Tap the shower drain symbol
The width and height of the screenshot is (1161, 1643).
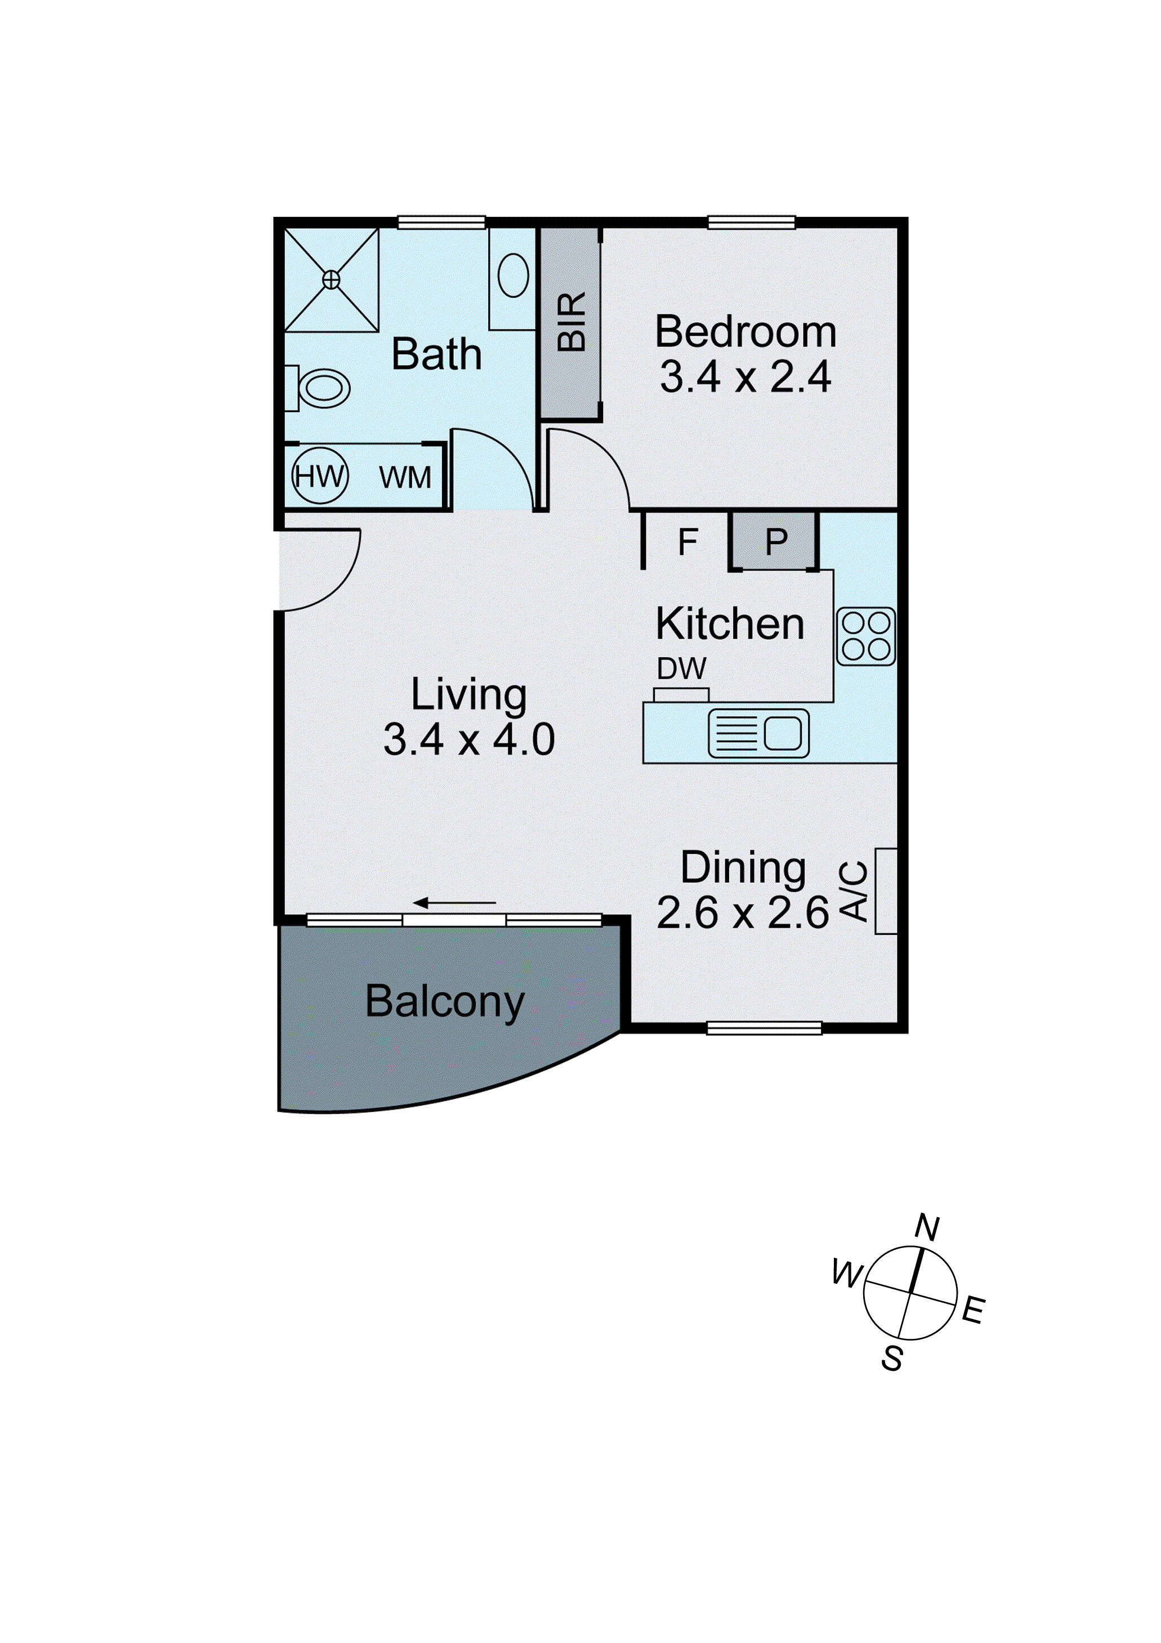pos(331,280)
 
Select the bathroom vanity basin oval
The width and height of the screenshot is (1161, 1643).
pos(513,275)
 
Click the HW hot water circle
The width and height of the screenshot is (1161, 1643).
pos(320,476)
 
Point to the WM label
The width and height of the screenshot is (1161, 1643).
pos(405,477)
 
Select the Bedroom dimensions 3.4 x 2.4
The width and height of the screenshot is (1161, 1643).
pos(745,377)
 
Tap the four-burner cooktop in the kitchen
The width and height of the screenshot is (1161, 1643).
pos(865,636)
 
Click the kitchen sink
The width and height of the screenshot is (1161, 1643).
pos(758,733)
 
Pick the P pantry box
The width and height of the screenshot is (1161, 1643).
pos(776,542)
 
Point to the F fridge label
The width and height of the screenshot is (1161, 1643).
pos(687,542)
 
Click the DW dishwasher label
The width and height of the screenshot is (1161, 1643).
pos(681,669)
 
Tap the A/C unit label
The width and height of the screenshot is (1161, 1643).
pos(854,891)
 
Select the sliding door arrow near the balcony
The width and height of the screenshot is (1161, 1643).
pos(455,903)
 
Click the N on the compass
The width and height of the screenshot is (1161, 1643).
pos(927,1227)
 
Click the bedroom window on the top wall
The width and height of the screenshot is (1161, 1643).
pos(751,222)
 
